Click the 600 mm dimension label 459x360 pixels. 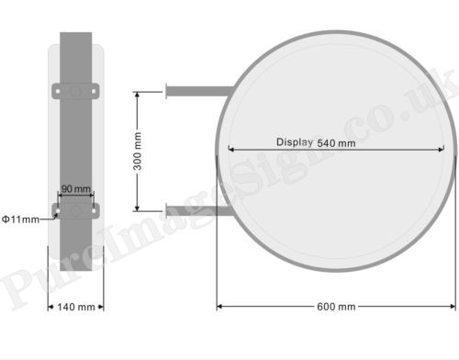coord(336,307)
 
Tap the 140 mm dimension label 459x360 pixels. coord(76,307)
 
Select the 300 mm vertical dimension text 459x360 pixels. coord(138,152)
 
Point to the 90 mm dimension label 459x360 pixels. coord(76,188)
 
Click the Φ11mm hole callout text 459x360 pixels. coord(20,219)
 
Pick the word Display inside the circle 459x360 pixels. coord(295,142)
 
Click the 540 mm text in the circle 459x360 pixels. coord(336,143)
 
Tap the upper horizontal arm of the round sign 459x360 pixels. coord(200,91)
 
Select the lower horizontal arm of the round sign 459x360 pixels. coord(198,211)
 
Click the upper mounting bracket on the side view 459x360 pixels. coord(75,91)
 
